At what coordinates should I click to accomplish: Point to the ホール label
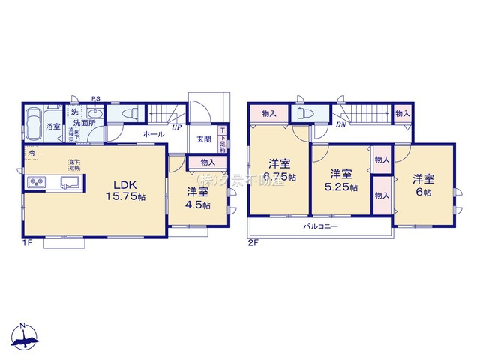coord(154,134)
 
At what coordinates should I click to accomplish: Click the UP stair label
coord(176,127)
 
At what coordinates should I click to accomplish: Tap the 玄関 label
coord(204,139)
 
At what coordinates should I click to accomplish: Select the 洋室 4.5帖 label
coord(199,197)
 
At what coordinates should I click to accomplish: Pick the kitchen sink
coord(68,184)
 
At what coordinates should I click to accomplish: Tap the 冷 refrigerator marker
coord(31,153)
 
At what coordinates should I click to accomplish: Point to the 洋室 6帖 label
coord(423,185)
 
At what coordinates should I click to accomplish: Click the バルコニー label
coord(321,225)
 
